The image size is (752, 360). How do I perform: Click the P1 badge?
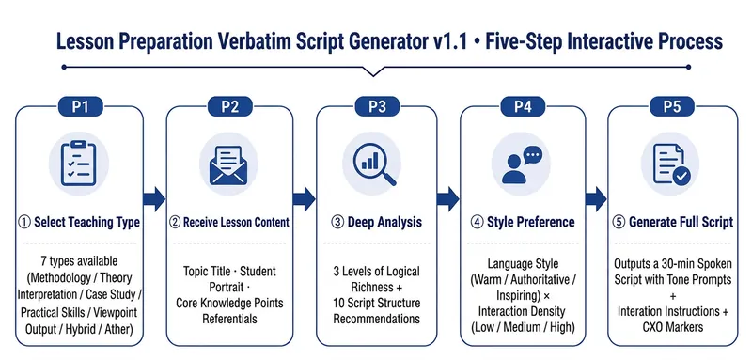81,106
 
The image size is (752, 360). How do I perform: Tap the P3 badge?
377,106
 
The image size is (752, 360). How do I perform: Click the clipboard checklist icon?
79,163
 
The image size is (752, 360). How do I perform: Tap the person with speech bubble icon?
522,165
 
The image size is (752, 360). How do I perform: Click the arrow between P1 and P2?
154,199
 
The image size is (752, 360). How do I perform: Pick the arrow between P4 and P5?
596,199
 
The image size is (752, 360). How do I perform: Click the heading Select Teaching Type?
86,223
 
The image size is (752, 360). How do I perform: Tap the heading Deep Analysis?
384,223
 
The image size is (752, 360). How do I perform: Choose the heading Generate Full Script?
681,223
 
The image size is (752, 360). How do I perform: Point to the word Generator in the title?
375,41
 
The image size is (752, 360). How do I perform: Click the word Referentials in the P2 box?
229,319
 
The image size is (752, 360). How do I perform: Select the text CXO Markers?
672,327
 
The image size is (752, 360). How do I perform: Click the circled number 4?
477,223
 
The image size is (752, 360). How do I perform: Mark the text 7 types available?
79,261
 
